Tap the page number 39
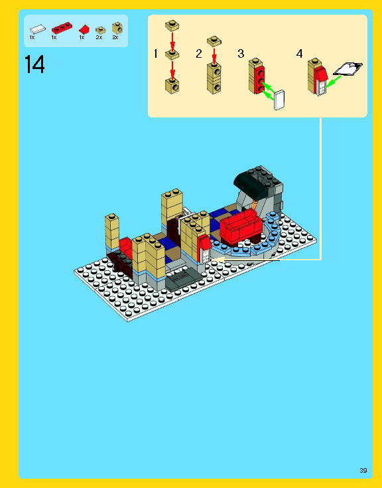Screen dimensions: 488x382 [363, 470]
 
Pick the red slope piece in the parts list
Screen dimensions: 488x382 [84, 29]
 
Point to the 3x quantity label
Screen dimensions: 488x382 [99, 38]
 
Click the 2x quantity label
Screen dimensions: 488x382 [115, 38]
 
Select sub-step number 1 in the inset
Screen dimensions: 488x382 [156, 54]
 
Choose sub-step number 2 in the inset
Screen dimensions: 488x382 [198, 54]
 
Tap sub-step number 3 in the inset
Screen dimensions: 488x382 [241, 54]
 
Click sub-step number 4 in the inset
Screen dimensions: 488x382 [299, 54]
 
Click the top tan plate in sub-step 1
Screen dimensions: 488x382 [173, 25]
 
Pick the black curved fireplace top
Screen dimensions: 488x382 [255, 178]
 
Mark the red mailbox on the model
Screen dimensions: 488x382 [205, 247]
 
